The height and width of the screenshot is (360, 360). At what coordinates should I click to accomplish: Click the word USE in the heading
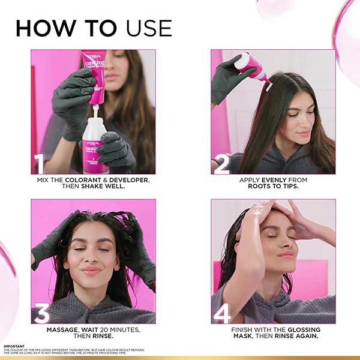149,28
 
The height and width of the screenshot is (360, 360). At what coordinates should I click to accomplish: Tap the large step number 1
40,164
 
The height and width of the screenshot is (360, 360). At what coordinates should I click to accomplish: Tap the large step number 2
221,164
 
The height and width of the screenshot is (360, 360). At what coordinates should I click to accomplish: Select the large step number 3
41,313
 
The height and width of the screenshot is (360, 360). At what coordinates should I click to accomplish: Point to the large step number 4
222,313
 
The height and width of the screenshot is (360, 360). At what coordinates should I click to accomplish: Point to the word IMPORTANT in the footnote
13,346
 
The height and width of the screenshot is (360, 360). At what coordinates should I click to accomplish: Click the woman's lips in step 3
92,271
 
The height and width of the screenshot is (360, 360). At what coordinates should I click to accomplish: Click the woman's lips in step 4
286,254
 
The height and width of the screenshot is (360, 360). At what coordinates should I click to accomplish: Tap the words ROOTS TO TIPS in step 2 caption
273,186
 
